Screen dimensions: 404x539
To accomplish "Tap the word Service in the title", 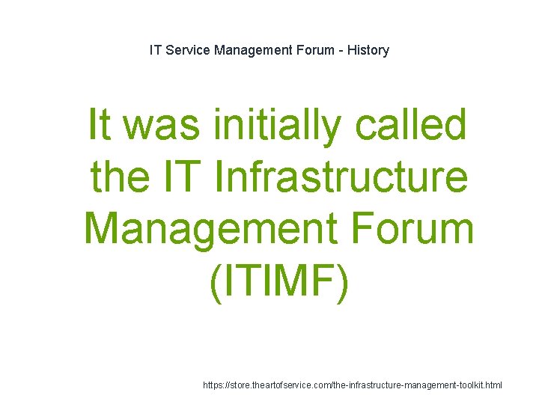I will point(186,50).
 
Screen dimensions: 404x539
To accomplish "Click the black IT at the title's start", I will point(156,50).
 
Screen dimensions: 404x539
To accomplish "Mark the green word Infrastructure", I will point(341,177).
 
